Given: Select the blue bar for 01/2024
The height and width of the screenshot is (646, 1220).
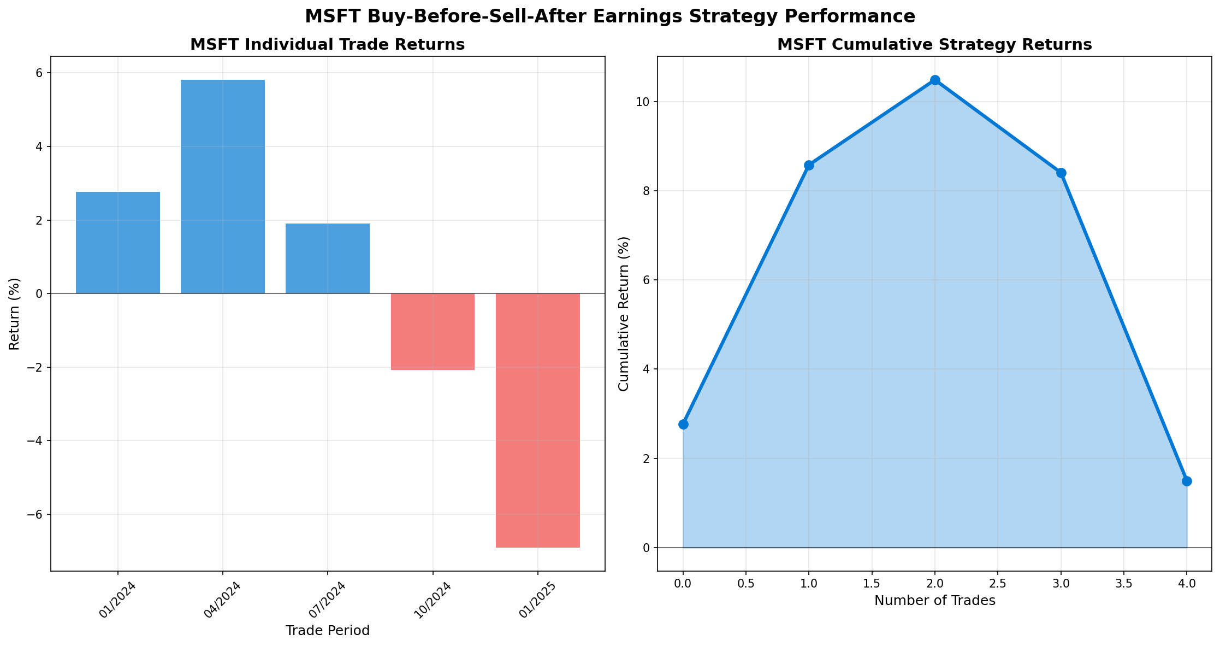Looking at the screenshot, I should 118,243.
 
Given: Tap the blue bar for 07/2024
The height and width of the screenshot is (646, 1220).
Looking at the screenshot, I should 328,259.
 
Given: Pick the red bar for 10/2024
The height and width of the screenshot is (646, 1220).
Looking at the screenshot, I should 433,332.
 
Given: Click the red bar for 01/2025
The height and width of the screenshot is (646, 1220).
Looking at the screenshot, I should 538,420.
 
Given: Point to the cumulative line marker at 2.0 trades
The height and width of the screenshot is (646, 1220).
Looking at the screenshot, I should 935,80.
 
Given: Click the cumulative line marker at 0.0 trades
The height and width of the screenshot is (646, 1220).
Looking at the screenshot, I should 683,424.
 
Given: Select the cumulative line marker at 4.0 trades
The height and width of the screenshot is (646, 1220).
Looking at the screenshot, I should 1187,481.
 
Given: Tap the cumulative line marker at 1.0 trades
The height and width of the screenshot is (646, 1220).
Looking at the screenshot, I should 809,165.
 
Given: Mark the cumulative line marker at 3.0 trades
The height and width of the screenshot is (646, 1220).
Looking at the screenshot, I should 1061,173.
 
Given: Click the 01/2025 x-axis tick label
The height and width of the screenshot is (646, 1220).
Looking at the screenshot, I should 537,600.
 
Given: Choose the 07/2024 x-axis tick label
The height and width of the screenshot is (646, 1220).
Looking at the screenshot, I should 328,600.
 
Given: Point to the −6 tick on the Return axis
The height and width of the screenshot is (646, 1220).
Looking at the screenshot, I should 37,515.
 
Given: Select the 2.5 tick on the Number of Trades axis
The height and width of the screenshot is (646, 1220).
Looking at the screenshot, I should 998,584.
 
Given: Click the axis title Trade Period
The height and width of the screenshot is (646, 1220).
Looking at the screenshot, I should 328,631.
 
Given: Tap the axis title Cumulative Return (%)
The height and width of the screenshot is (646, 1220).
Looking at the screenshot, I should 624,314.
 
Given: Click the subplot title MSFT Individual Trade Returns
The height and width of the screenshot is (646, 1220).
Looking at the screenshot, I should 328,45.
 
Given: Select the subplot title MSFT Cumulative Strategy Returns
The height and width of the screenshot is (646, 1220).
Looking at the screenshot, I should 934,45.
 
